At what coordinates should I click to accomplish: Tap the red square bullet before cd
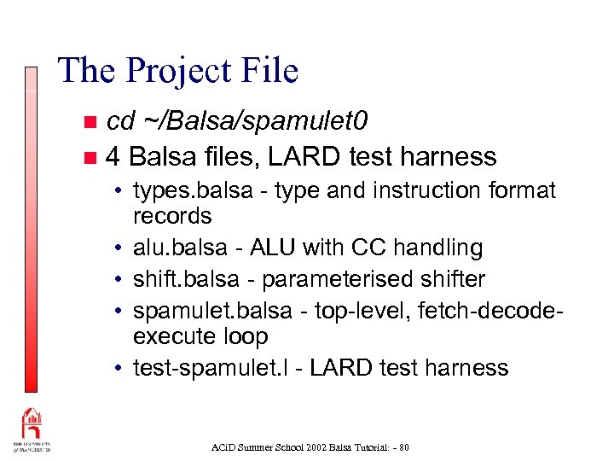(90, 124)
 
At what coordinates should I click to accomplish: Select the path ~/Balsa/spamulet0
(255, 123)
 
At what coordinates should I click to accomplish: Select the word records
(172, 215)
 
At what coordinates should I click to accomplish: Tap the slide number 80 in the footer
(403, 446)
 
